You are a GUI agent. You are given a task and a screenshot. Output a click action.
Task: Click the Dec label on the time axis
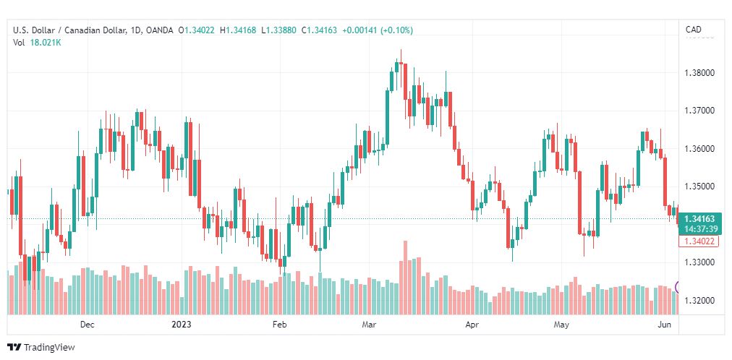click(87, 325)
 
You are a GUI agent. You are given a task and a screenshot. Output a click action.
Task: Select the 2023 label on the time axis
click(181, 325)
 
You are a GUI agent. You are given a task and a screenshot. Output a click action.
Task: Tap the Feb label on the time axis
click(278, 325)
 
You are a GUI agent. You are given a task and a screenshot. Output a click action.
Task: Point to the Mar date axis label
click(369, 325)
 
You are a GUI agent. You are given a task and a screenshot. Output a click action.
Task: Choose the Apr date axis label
click(472, 325)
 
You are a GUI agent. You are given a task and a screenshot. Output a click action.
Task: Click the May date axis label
click(561, 325)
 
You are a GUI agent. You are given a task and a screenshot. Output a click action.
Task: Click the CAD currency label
click(693, 30)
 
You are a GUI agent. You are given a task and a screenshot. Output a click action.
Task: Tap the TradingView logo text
click(49, 348)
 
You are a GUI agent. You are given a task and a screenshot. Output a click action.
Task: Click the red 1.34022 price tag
click(699, 241)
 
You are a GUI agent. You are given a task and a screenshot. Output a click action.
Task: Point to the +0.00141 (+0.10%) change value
click(377, 30)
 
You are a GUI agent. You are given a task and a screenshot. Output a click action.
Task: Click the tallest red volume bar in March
click(405, 278)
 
